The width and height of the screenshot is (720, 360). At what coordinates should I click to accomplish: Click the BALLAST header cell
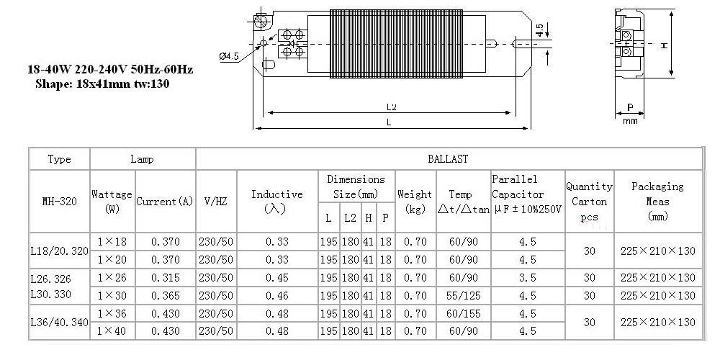click(448, 159)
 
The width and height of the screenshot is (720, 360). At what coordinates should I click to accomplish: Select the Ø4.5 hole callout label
click(229, 56)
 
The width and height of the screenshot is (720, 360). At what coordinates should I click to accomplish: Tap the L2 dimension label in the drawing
click(391, 107)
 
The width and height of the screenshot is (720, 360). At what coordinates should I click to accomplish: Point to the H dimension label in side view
click(664, 45)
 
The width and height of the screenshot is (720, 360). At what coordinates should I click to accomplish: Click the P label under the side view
click(630, 107)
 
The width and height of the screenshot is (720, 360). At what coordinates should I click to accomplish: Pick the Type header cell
click(60, 159)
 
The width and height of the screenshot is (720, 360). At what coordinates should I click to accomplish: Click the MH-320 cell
click(60, 201)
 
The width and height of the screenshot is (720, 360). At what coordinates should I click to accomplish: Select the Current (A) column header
click(165, 201)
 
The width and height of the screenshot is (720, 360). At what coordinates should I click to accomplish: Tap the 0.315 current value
click(166, 278)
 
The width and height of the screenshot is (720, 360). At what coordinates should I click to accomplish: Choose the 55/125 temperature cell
click(463, 295)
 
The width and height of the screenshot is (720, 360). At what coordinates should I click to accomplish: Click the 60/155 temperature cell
click(463, 314)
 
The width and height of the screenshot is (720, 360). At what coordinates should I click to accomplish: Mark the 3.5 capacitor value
click(527, 278)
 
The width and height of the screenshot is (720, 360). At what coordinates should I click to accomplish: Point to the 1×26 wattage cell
click(112, 278)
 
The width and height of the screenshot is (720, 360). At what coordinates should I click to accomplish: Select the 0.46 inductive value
click(277, 295)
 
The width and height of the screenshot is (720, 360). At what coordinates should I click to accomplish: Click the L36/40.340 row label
click(60, 323)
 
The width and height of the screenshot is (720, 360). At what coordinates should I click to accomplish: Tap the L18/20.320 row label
click(60, 251)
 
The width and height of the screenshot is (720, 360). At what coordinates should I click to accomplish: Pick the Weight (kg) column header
click(415, 201)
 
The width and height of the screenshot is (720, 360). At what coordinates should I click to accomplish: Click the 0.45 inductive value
click(277, 278)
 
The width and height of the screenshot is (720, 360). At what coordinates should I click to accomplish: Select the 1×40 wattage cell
click(112, 331)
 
